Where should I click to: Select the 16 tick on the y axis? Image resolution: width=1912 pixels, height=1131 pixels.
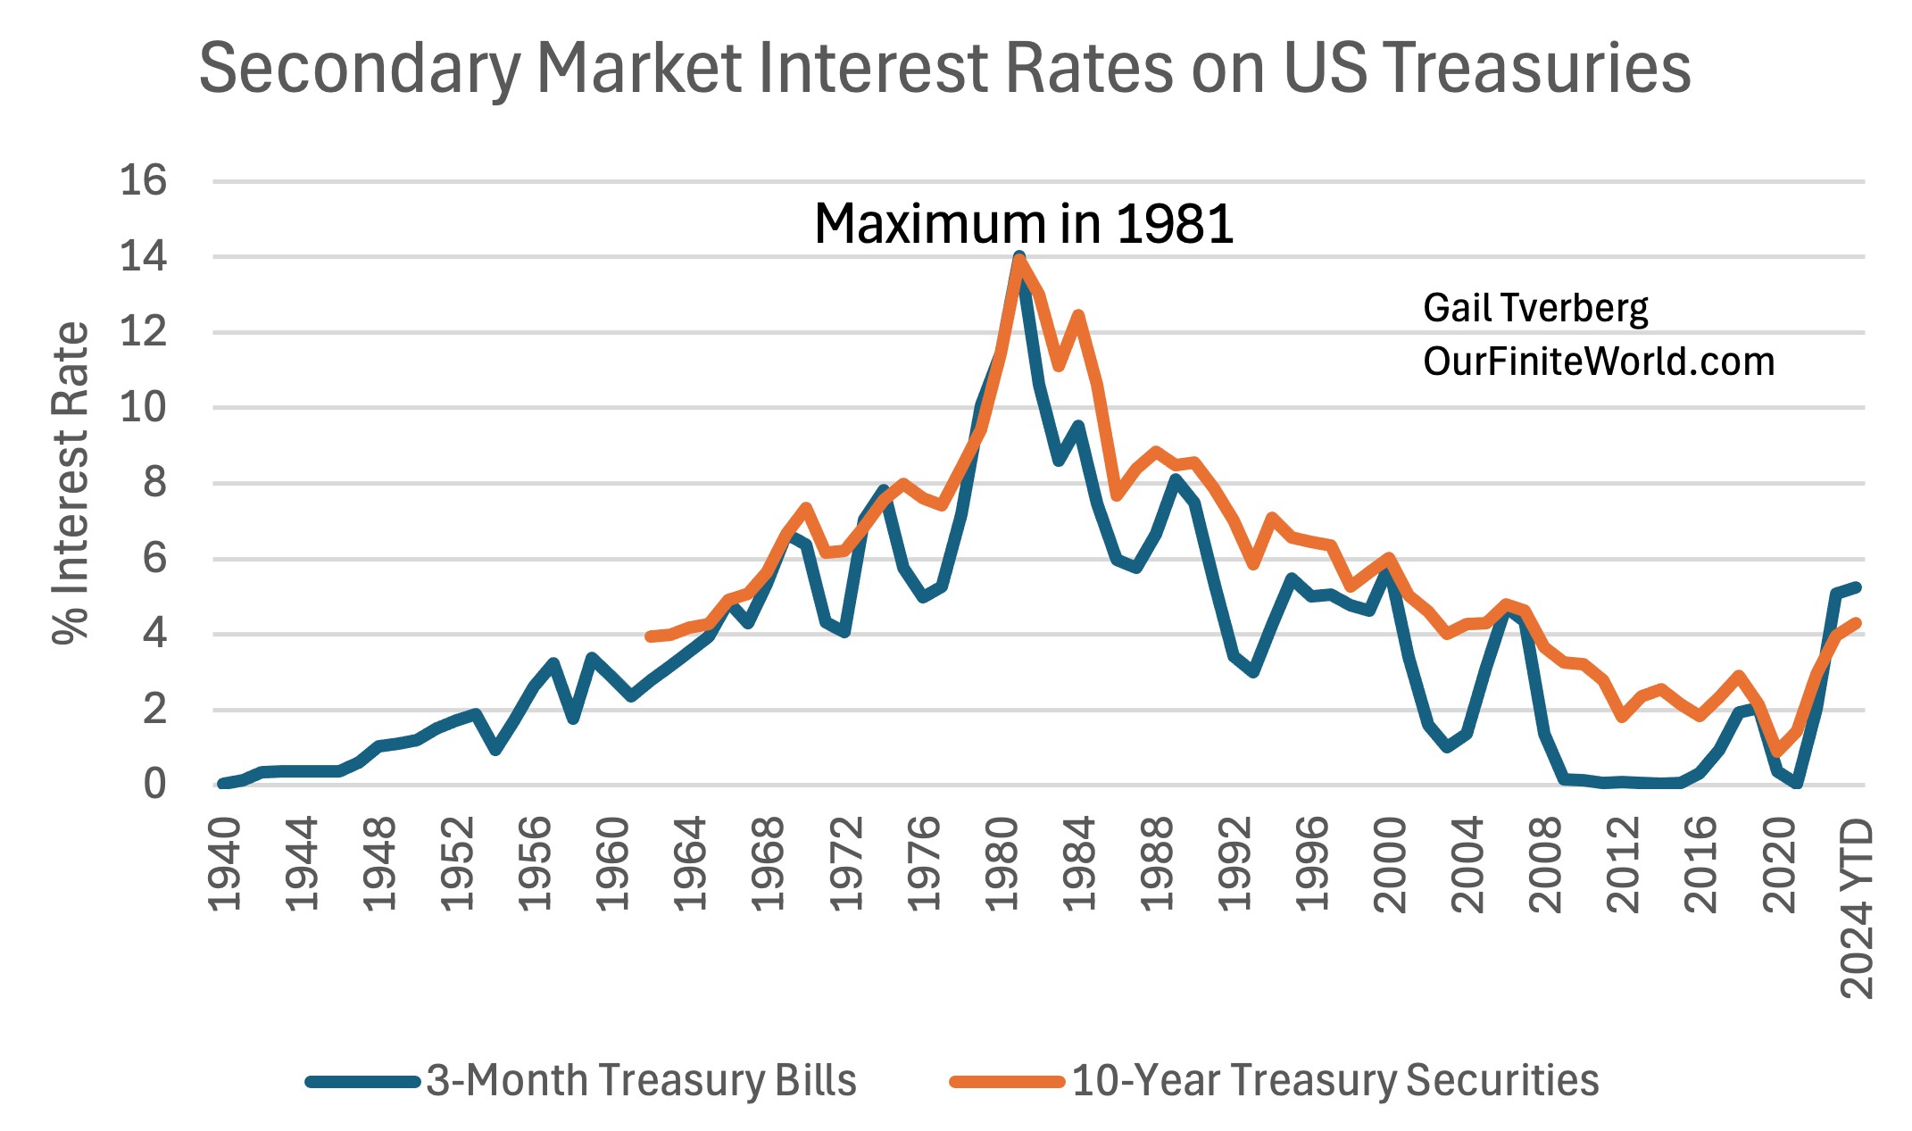point(143,181)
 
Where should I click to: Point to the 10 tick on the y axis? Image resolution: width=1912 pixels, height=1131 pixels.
point(143,408)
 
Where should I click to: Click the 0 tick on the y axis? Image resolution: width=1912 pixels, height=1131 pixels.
point(154,786)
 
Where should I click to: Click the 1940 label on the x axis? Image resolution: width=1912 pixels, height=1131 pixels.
point(225,864)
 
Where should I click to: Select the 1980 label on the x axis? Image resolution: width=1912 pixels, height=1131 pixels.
point(1003,864)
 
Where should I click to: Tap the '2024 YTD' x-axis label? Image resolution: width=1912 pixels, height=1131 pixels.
point(1858,908)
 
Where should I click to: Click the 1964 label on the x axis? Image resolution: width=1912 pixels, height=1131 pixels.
point(692,864)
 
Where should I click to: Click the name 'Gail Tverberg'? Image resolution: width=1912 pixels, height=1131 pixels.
point(1535,308)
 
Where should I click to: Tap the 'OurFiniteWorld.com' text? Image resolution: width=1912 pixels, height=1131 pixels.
point(1599,362)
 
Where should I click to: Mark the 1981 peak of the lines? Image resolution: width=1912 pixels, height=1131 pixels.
point(1019,258)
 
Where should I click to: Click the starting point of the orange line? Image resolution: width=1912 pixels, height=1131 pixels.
point(650,636)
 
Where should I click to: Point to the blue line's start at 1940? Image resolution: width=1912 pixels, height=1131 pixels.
point(222,784)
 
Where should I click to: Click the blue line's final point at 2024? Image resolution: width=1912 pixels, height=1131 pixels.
point(1857,586)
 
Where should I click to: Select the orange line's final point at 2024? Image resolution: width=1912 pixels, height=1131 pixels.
point(1857,623)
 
